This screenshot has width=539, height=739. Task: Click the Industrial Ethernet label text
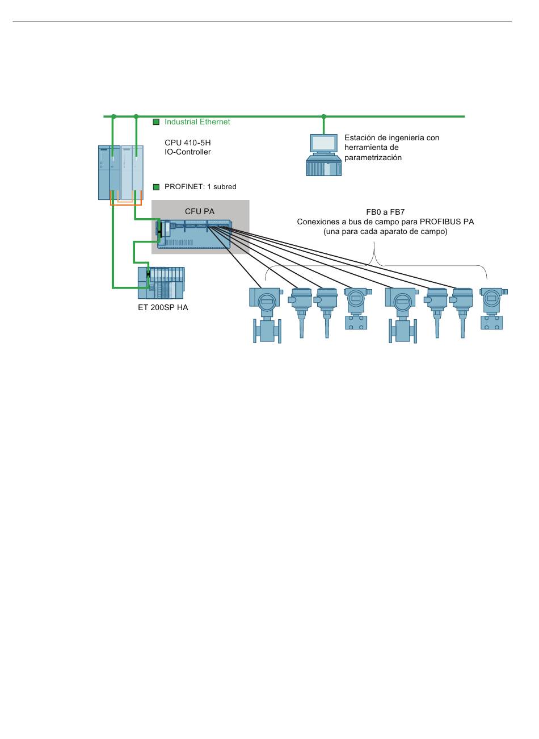(197, 122)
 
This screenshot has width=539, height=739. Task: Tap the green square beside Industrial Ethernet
(156, 122)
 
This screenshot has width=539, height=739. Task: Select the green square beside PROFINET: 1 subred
(156, 187)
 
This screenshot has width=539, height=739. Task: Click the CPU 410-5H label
(187, 143)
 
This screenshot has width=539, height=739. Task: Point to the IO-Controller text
(187, 152)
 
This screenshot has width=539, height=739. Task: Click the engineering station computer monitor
(323, 144)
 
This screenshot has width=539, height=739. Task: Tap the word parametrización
(373, 158)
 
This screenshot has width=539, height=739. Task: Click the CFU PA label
(199, 211)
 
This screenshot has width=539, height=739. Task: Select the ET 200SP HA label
(163, 307)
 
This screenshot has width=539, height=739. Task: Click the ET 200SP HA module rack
(161, 283)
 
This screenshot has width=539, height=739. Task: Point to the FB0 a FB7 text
(385, 212)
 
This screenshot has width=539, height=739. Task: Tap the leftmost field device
(266, 315)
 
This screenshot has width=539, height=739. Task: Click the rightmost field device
(493, 308)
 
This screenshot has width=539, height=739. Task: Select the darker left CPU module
(110, 173)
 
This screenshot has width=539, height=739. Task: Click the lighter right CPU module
(132, 173)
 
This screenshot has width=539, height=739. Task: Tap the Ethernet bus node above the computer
(323, 116)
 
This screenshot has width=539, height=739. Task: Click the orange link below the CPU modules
(126, 204)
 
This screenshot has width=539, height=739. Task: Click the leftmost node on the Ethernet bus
(113, 116)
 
